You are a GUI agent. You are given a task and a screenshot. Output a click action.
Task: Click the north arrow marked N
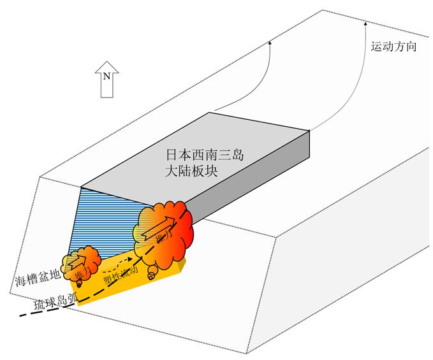click(x=107, y=79)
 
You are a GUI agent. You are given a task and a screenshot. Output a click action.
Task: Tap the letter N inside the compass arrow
click(x=107, y=77)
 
